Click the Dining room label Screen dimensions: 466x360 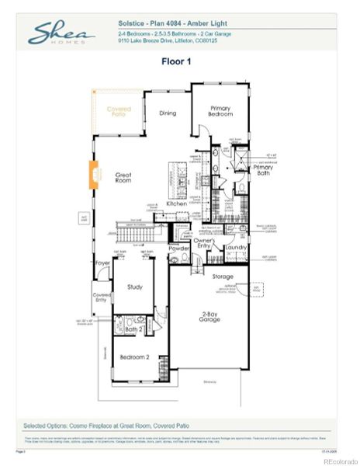tap(168, 113)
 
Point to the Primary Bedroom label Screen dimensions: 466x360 tap(220, 111)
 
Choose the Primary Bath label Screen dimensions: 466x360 tap(262, 170)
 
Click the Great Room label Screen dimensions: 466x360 tap(124, 178)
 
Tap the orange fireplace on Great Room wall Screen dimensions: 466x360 tap(94, 174)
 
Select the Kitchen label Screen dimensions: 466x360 tap(176, 203)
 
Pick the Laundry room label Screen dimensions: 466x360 tap(237, 247)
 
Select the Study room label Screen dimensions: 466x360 tap(134, 287)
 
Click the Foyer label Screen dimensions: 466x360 tap(102, 263)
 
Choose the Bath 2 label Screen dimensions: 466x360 tap(132, 329)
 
